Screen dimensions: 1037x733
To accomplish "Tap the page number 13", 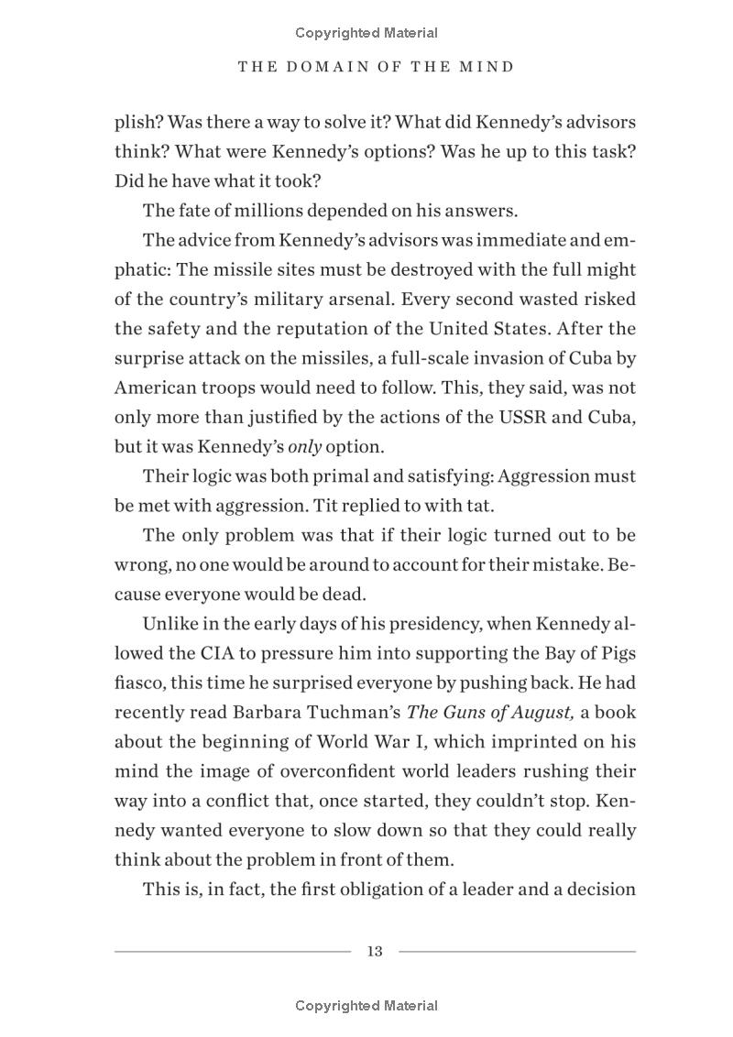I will pyautogui.click(x=374, y=951).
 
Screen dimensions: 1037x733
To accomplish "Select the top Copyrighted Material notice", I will pyautogui.click(x=366, y=33).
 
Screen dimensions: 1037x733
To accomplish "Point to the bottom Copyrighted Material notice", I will pyautogui.click(x=366, y=1005).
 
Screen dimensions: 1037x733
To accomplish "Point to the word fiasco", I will pyautogui.click(x=137, y=682).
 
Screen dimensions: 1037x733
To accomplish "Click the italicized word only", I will pyautogui.click(x=303, y=447).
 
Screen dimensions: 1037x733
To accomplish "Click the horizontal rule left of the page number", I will pyautogui.click(x=232, y=951).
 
